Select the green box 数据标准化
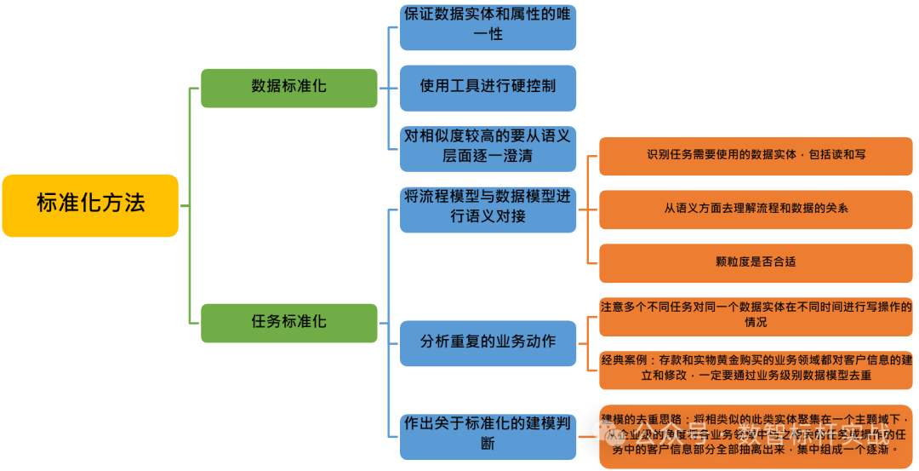(x=288, y=87)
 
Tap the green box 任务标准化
(x=288, y=323)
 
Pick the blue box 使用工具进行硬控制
(x=488, y=87)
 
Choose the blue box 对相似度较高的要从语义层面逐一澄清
(x=488, y=146)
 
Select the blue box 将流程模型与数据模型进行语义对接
(x=488, y=207)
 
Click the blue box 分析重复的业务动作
(x=488, y=342)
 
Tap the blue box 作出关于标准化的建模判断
(x=488, y=434)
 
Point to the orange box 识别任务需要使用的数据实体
(x=756, y=155)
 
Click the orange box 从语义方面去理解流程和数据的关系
(x=756, y=208)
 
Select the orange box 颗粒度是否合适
(x=756, y=262)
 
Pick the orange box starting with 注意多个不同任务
(x=756, y=314)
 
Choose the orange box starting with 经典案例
(x=756, y=368)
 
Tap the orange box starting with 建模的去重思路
(x=756, y=434)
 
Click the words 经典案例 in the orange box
(x=624, y=361)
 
